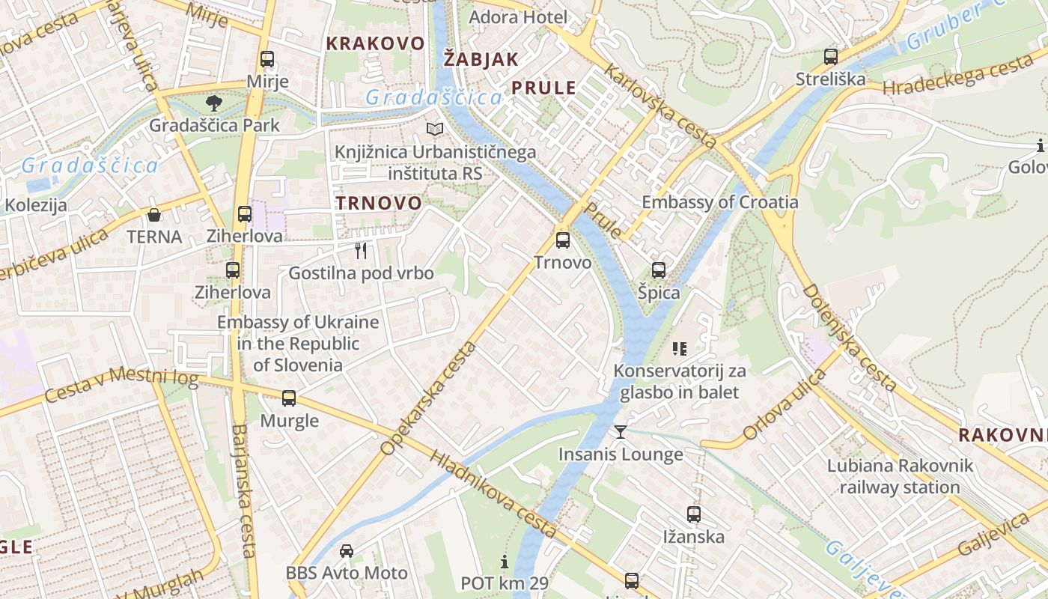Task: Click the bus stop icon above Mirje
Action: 267,59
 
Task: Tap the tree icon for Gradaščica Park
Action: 214,103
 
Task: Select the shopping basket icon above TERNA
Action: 154,216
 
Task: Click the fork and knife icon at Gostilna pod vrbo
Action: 361,250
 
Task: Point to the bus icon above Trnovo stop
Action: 562,240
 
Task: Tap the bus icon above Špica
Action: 659,270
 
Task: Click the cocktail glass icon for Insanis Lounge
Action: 621,431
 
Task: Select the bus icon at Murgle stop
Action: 289,398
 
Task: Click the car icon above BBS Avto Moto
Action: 347,551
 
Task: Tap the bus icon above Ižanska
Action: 694,514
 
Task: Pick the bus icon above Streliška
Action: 830,56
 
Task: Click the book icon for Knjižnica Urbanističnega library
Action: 435,130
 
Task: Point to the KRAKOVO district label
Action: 375,43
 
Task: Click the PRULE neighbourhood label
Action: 543,88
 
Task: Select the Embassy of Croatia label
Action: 720,202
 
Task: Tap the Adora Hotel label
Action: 518,16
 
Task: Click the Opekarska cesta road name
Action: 429,398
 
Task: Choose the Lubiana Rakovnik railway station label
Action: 900,476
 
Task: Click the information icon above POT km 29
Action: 505,562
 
